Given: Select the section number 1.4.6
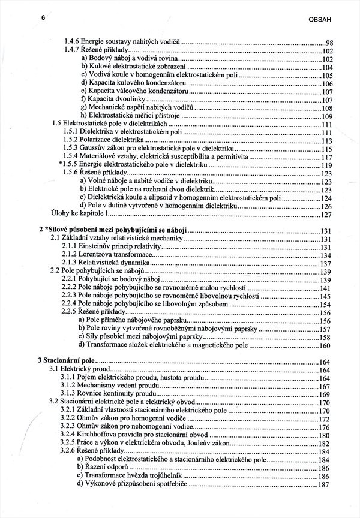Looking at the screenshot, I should pos(73,43).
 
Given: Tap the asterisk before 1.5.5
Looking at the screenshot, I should pos(62,164).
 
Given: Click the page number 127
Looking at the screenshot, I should pos(326,215).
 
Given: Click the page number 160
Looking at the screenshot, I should pos(326,346).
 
